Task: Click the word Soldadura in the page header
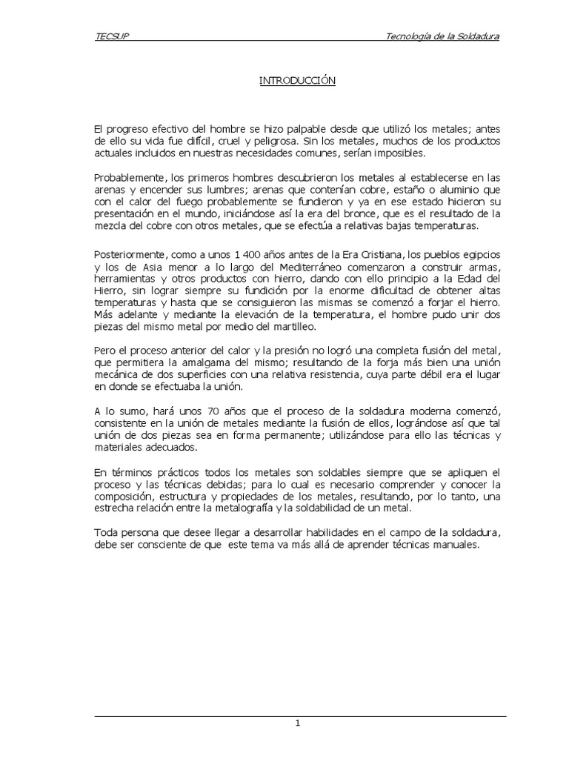(474, 36)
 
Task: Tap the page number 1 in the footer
(297, 724)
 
